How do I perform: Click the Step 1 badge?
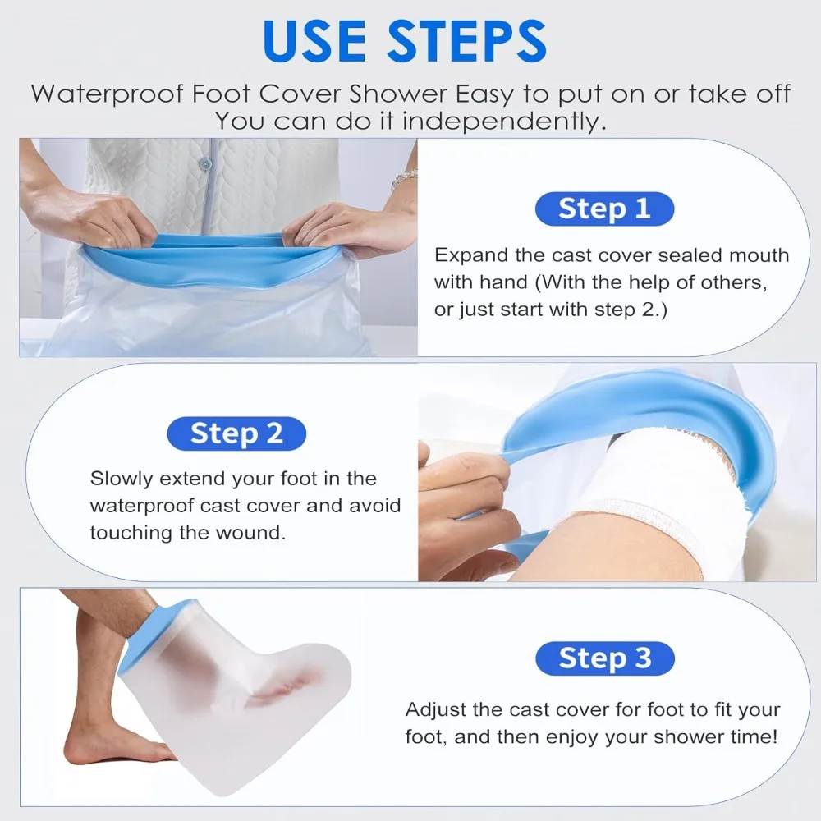click(x=604, y=209)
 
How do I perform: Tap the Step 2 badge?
click(x=236, y=433)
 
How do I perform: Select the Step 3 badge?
click(x=605, y=658)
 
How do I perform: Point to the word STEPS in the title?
click(x=467, y=41)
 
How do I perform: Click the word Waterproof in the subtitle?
click(x=108, y=94)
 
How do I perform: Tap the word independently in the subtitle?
click(x=504, y=122)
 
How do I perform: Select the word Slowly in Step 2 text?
click(x=121, y=479)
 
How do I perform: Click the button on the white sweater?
click(x=207, y=165)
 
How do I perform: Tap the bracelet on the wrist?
click(x=404, y=178)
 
